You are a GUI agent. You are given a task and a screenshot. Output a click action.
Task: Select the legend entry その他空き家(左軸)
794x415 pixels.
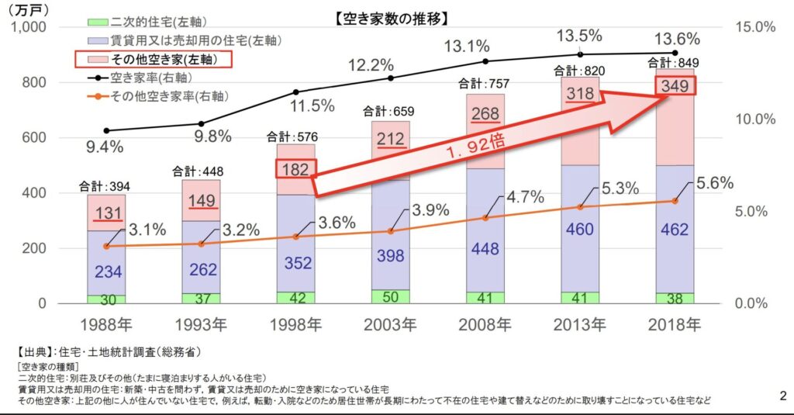(x=153, y=59)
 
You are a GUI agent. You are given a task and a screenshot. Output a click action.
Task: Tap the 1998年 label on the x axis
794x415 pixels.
(x=295, y=324)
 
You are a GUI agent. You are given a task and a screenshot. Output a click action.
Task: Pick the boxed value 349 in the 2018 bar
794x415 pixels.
(x=675, y=85)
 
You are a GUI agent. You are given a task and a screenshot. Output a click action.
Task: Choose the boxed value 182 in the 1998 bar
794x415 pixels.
(x=295, y=169)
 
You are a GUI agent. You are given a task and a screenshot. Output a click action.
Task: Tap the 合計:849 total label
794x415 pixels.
(x=676, y=63)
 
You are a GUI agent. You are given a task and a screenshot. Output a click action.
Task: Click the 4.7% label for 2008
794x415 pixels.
(x=523, y=197)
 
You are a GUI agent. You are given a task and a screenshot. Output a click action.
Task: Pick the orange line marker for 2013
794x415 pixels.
(x=579, y=207)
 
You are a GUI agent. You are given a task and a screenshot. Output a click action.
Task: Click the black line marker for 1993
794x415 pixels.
(x=201, y=123)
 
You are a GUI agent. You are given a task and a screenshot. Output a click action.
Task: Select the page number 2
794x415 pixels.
(x=782, y=396)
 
